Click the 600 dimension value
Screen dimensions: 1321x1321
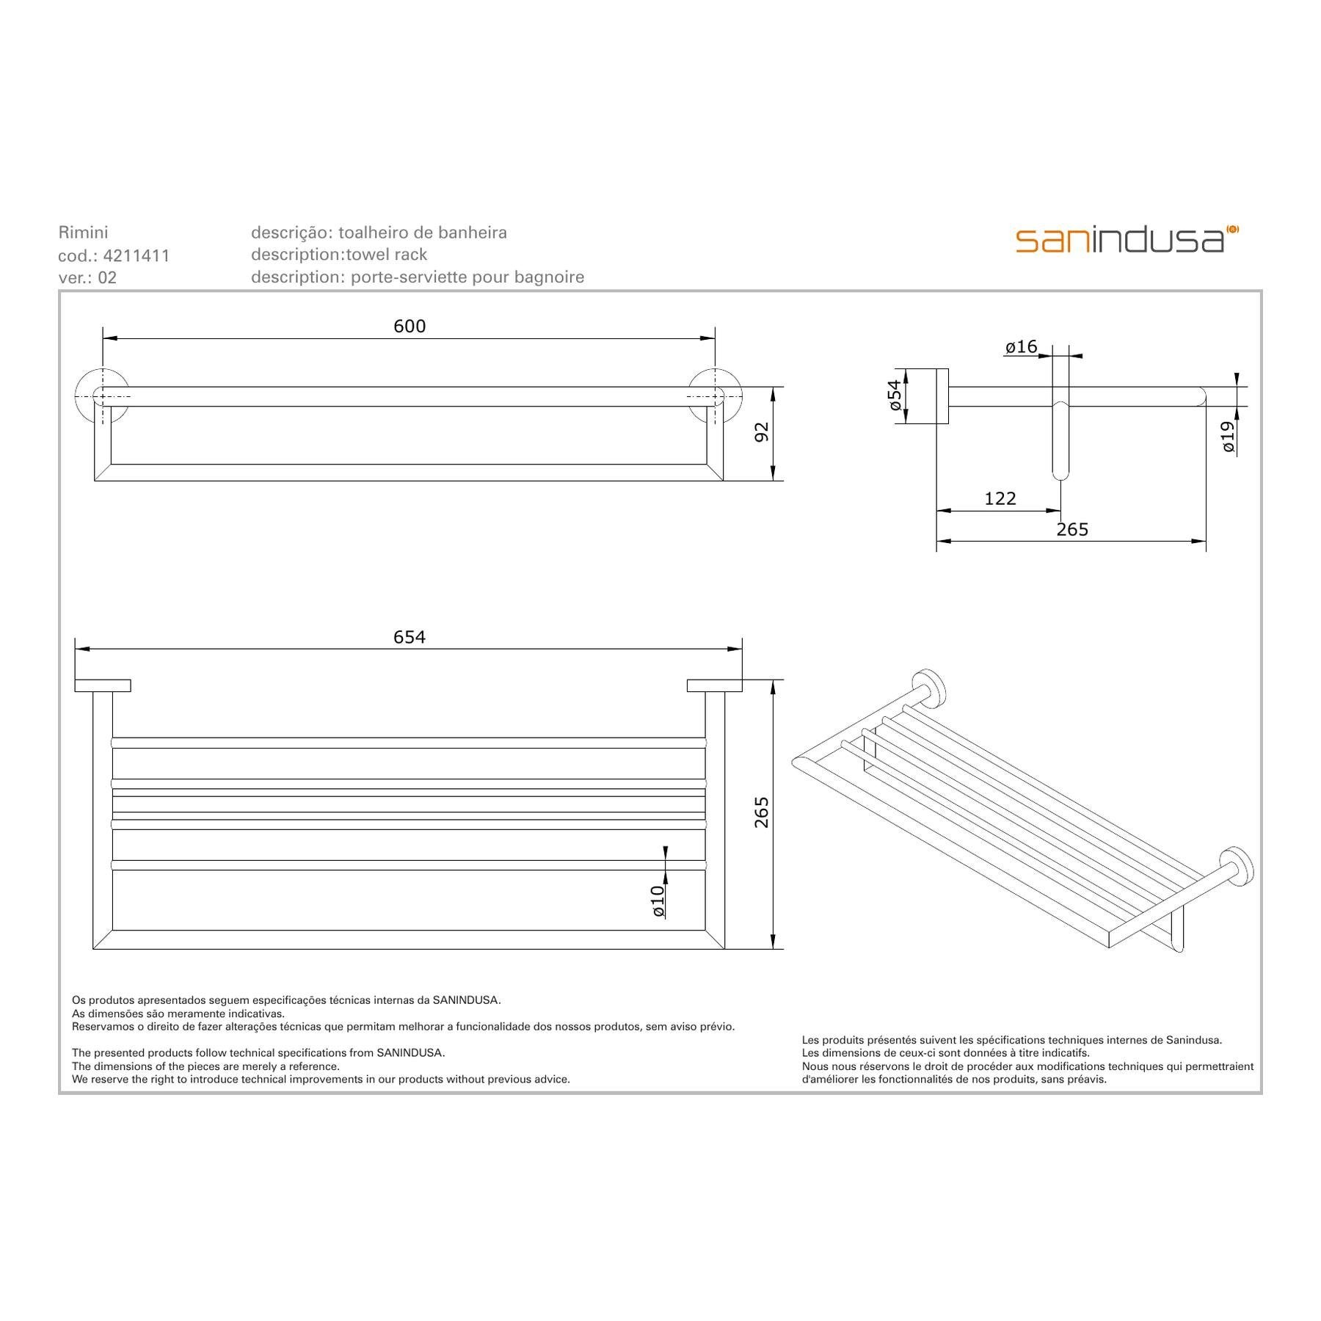click(410, 326)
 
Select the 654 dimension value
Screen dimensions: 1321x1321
click(409, 637)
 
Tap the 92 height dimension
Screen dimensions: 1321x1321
click(762, 432)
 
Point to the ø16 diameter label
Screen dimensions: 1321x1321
click(1021, 346)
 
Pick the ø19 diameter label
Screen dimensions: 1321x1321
click(1229, 436)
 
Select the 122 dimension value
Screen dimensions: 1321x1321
click(1000, 499)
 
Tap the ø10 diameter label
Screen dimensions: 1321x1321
click(658, 900)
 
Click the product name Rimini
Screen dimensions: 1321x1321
click(83, 233)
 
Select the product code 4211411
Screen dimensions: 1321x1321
click(137, 255)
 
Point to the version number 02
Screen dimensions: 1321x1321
click(107, 277)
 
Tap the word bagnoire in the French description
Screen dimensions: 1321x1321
click(550, 277)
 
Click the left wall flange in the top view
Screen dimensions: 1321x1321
click(102, 396)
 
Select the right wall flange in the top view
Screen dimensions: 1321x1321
click(715, 396)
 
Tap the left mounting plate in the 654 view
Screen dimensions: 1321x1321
click(103, 686)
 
